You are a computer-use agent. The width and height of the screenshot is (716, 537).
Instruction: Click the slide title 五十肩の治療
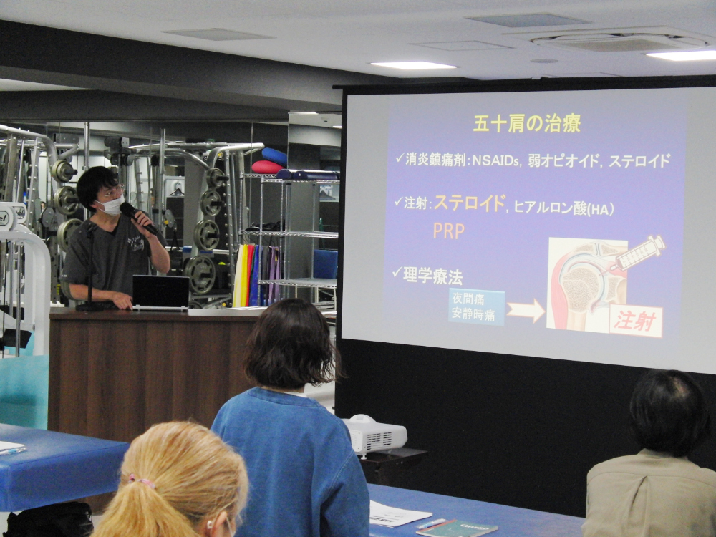(526, 123)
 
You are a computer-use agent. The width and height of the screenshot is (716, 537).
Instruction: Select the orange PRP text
(448, 231)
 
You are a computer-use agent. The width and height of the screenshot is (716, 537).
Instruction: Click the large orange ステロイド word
(470, 203)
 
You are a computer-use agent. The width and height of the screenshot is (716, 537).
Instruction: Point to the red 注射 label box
(636, 321)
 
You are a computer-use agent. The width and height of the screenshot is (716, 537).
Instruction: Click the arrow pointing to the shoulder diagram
(526, 311)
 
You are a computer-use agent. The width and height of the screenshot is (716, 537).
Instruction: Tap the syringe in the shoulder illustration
(637, 254)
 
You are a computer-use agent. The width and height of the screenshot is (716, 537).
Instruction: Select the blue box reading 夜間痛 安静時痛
(476, 306)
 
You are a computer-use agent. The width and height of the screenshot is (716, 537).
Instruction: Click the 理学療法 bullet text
(432, 276)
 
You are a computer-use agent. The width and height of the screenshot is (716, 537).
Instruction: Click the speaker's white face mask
(112, 205)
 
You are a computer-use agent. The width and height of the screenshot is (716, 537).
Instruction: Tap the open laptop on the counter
(160, 293)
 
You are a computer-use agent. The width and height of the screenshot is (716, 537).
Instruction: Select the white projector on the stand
(375, 435)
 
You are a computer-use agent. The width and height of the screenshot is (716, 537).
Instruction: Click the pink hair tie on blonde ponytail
(142, 480)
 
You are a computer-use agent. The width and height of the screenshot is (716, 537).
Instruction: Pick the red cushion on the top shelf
(267, 167)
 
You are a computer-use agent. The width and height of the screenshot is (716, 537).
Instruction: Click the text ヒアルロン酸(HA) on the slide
(563, 208)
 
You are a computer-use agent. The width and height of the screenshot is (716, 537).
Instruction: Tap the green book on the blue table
(457, 528)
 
